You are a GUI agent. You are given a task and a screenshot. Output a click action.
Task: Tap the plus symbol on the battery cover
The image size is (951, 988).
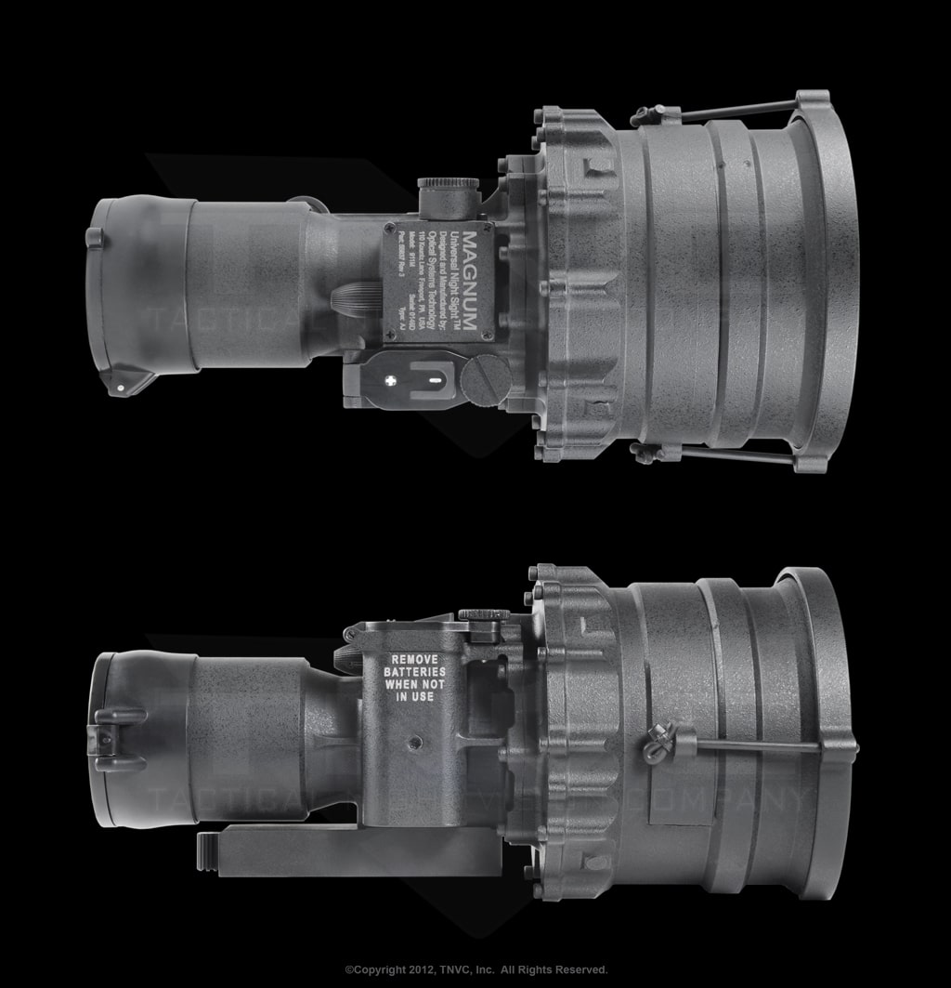click(x=391, y=380)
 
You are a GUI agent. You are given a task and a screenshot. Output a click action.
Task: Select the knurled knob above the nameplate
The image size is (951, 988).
click(x=448, y=194)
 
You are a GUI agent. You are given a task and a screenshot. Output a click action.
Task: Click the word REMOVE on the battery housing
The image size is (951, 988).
click(x=414, y=658)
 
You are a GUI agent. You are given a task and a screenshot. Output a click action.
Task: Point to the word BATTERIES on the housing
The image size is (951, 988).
click(x=414, y=671)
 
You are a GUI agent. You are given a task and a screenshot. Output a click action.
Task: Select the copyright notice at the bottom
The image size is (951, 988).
click(x=475, y=969)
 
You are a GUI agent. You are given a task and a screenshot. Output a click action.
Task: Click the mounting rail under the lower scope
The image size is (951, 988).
click(x=353, y=845)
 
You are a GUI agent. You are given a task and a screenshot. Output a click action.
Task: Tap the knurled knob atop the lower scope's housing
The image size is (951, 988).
click(x=483, y=614)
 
